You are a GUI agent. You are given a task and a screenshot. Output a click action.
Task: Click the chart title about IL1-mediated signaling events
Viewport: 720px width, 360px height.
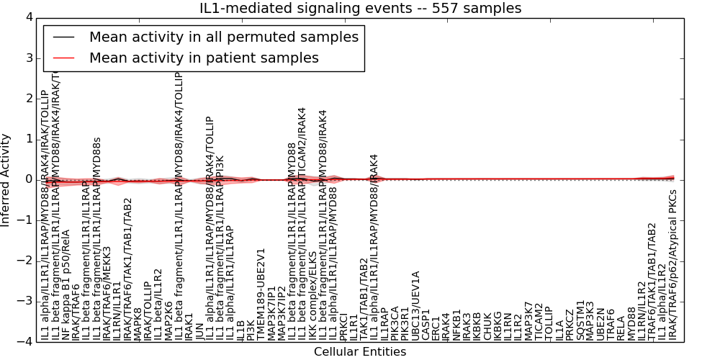[360, 8]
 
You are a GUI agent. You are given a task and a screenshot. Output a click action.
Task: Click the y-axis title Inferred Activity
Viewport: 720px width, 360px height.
[6, 179]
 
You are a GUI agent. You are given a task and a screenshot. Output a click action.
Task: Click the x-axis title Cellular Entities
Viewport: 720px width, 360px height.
[359, 352]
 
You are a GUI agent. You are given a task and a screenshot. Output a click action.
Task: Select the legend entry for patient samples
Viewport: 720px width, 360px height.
[204, 58]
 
